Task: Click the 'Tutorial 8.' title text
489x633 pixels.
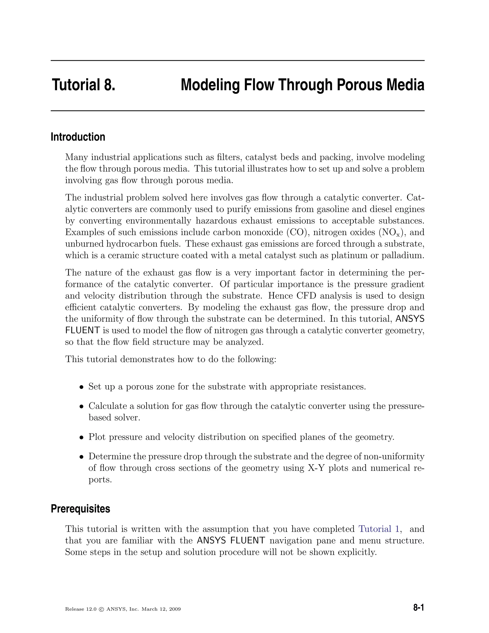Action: tap(84, 85)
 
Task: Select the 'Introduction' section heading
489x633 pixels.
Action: tap(78, 137)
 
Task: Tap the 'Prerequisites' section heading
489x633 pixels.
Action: tap(80, 508)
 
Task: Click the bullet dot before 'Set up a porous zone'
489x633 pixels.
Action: tap(82, 387)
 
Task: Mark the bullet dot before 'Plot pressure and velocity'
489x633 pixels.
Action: tap(82, 437)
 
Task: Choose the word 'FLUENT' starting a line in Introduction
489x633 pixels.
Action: tap(83, 330)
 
